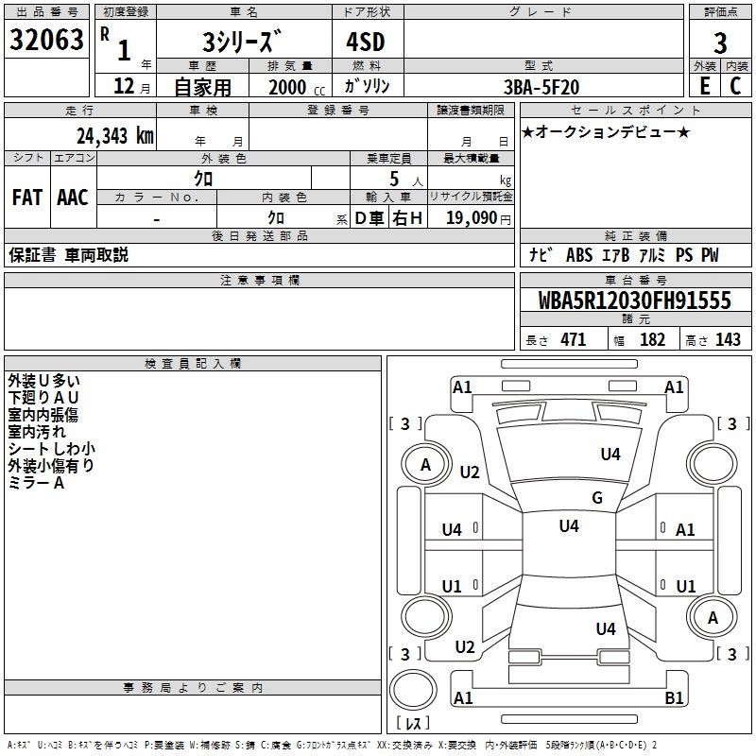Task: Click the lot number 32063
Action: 46,40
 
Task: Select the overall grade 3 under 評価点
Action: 720,43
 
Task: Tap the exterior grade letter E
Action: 705,86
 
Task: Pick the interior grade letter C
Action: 735,86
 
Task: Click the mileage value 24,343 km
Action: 115,136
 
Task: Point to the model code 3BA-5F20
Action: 541,87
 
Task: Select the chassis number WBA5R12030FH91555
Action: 634,301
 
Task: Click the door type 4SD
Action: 366,42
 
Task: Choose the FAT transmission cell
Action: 27,198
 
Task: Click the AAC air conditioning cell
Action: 73,198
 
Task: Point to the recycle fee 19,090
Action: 472,218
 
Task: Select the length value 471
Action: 574,339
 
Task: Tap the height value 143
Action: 728,339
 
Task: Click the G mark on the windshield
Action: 597,498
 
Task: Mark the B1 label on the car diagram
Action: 674,697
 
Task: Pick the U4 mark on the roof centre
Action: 569,526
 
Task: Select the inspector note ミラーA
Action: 36,483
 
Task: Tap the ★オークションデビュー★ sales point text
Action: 606,131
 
